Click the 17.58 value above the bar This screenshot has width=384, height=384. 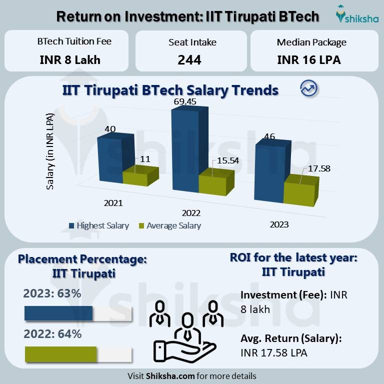click(x=319, y=168)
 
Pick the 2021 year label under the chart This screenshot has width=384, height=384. click(x=113, y=203)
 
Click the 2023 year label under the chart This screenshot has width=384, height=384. click(x=279, y=224)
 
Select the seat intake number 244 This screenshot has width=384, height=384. click(x=189, y=60)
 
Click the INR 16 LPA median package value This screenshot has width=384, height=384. click(x=308, y=60)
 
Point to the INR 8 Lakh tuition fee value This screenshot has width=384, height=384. click(x=70, y=60)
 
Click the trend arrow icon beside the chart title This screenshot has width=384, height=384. click(x=308, y=88)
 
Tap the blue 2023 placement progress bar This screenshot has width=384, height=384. click(x=58, y=313)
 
